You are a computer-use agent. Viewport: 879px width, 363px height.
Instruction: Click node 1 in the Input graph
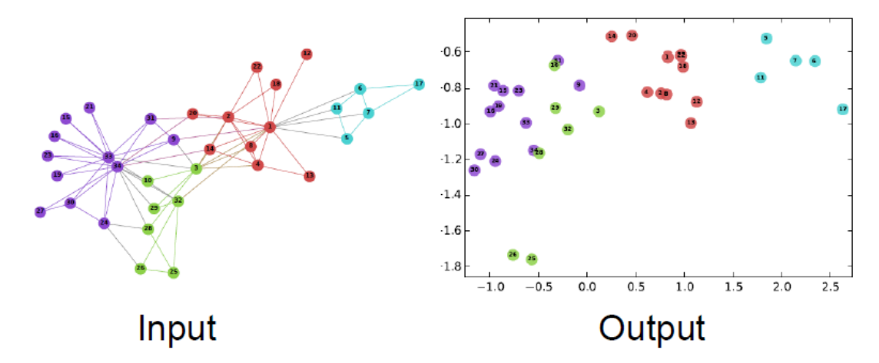point(270,127)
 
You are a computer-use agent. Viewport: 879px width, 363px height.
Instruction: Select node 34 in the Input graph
point(117,166)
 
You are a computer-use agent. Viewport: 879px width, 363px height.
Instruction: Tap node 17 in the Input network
point(419,84)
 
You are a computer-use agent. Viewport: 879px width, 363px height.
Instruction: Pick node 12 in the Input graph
point(307,54)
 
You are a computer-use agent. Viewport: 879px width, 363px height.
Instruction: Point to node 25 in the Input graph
point(174,272)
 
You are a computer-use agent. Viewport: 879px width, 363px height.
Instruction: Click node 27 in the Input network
point(40,212)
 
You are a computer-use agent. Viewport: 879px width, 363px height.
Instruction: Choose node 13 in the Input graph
point(310,176)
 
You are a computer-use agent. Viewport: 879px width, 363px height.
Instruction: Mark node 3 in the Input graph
point(196,168)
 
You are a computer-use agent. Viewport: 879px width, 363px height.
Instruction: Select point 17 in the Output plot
point(843,109)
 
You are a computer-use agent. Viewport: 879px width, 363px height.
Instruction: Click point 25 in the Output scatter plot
point(532,259)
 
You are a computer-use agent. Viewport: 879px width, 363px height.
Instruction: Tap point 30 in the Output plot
point(474,170)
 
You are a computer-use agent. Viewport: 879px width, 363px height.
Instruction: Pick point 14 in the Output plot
point(612,36)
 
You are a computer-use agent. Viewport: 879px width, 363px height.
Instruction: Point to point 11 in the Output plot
point(760,78)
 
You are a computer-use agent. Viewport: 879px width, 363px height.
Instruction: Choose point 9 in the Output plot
point(579,85)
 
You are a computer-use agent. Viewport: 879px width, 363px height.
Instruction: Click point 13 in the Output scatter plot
point(691,123)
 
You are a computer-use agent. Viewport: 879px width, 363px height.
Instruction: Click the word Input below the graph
point(177,328)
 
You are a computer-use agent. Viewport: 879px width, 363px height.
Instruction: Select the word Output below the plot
point(652,328)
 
